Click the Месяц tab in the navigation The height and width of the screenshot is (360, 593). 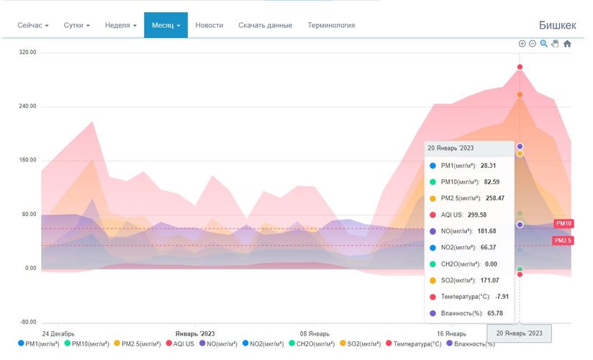[166, 25]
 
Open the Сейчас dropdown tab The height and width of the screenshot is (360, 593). [33, 25]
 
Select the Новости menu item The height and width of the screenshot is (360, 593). [209, 25]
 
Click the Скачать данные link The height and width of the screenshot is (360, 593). [265, 25]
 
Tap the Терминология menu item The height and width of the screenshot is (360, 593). [331, 25]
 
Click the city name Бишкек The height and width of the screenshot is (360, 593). [557, 25]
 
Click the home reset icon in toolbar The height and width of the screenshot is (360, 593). [567, 44]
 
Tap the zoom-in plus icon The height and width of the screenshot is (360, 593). [522, 44]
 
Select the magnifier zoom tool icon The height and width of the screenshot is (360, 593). [544, 44]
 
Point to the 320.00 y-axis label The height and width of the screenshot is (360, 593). [27, 53]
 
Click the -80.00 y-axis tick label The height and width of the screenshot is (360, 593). [27, 322]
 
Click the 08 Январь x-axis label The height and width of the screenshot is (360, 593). [314, 334]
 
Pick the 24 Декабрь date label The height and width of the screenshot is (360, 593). [58, 334]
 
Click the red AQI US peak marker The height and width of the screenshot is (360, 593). [520, 67]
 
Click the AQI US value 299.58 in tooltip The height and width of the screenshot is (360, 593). [492, 215]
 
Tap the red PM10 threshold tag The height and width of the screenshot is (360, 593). [563, 224]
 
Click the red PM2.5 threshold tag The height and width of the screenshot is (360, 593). [563, 240]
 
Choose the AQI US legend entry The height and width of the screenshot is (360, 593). [179, 344]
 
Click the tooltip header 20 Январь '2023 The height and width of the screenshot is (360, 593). [451, 148]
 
